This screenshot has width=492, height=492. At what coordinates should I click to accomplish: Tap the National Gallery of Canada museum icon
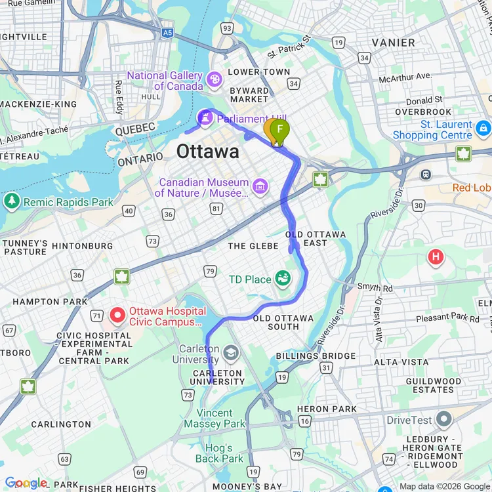pyautogui.click(x=214, y=79)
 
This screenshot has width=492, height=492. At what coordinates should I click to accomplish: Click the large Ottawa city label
pyautogui.click(x=207, y=152)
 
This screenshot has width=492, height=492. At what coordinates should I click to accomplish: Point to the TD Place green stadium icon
pyautogui.click(x=283, y=279)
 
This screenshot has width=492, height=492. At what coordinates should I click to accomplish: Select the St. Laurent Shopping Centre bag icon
pyautogui.click(x=483, y=127)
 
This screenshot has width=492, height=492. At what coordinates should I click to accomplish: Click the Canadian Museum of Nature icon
pyautogui.click(x=260, y=186)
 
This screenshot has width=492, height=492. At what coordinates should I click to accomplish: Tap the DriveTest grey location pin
pyautogui.click(x=444, y=419)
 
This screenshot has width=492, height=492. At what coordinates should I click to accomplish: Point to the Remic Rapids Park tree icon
pyautogui.click(x=11, y=201)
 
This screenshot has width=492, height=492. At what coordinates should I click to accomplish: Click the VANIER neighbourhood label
pyautogui.click(x=393, y=43)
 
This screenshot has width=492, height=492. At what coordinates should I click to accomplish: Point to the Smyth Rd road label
pyautogui.click(x=375, y=287)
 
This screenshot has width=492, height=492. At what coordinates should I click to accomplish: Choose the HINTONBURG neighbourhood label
pyautogui.click(x=82, y=246)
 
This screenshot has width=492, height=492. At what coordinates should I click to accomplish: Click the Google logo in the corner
pyautogui.click(x=26, y=483)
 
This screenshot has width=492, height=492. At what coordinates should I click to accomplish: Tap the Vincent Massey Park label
pyautogui.click(x=215, y=418)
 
